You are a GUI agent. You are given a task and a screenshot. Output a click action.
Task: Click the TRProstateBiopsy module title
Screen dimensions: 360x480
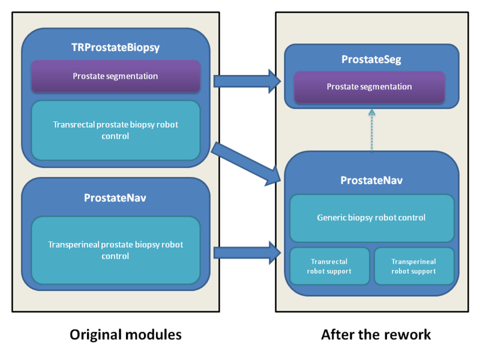pos(115,47)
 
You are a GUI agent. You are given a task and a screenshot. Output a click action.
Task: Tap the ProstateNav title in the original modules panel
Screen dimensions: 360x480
pos(115,197)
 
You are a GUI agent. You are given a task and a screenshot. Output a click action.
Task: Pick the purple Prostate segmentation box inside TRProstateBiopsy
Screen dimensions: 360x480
pos(115,76)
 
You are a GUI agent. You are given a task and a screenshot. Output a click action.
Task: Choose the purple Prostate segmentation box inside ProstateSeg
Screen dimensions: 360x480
pos(369,86)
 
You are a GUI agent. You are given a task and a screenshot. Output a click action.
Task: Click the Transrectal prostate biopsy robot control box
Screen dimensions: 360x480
pos(115,130)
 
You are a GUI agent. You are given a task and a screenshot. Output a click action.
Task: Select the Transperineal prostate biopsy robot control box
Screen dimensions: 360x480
pos(115,250)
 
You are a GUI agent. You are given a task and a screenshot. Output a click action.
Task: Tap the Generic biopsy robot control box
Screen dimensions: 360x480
pos(371,217)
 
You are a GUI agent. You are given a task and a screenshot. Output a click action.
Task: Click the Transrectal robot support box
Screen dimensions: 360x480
pos(329,266)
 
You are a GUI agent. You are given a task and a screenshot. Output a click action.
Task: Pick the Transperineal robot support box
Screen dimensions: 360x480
pos(413,266)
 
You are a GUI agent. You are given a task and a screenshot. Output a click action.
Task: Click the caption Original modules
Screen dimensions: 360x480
pos(125,334)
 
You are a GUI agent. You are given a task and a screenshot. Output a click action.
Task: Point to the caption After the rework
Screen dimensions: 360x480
pos(376,334)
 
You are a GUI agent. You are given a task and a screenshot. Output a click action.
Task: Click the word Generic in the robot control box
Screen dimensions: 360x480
pos(332,217)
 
